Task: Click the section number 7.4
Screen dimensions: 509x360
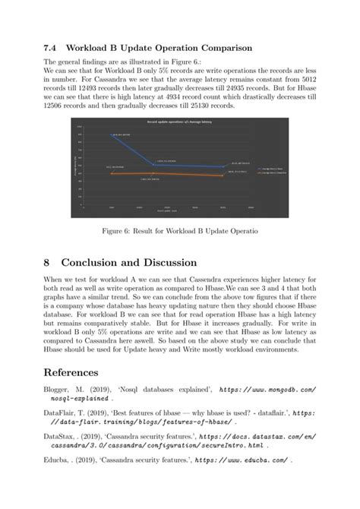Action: pos(51,48)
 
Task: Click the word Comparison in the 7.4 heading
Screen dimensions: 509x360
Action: pos(220,48)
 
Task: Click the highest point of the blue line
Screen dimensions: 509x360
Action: pos(112,135)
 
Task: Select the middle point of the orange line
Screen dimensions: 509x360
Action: pos(154,174)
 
